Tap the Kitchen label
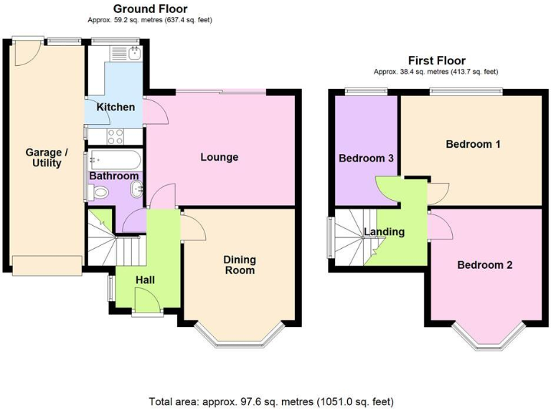pos(116,108)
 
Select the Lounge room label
pos(219,157)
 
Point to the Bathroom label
pos(113,176)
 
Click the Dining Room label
pos(240,265)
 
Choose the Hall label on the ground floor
pos(147,280)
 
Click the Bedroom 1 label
pos(473,144)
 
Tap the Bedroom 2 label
pos(485,265)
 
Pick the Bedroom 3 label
pos(366,158)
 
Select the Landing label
pos(384,232)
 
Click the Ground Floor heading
pos(151,9)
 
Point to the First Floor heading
pos(436,61)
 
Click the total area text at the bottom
pos(271,402)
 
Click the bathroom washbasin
pos(136,189)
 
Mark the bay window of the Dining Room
pos(240,336)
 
